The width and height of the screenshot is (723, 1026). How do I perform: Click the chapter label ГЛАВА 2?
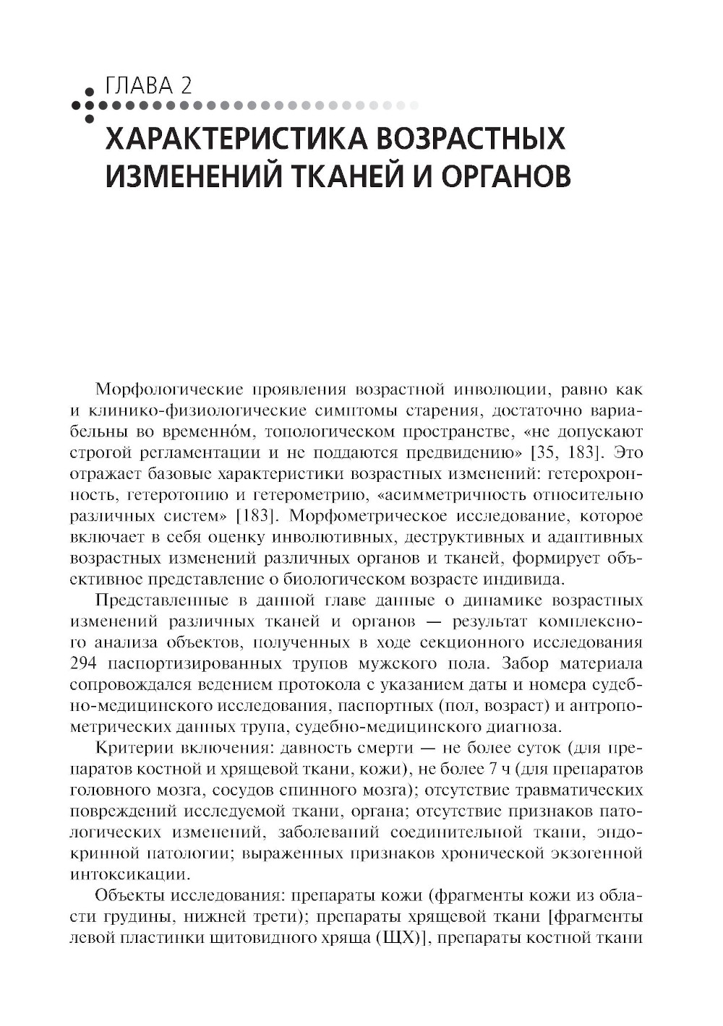(148, 86)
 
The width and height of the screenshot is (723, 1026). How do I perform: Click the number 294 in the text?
(84, 663)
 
